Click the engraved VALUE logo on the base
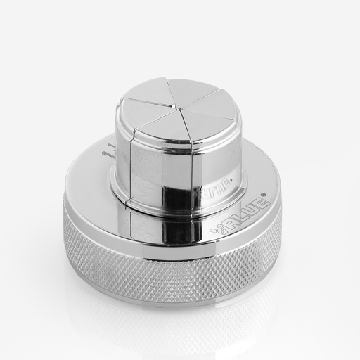point(239,213)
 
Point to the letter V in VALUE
point(218,230)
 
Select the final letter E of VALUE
point(258,202)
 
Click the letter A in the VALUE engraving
point(229,222)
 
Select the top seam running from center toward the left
point(148,103)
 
